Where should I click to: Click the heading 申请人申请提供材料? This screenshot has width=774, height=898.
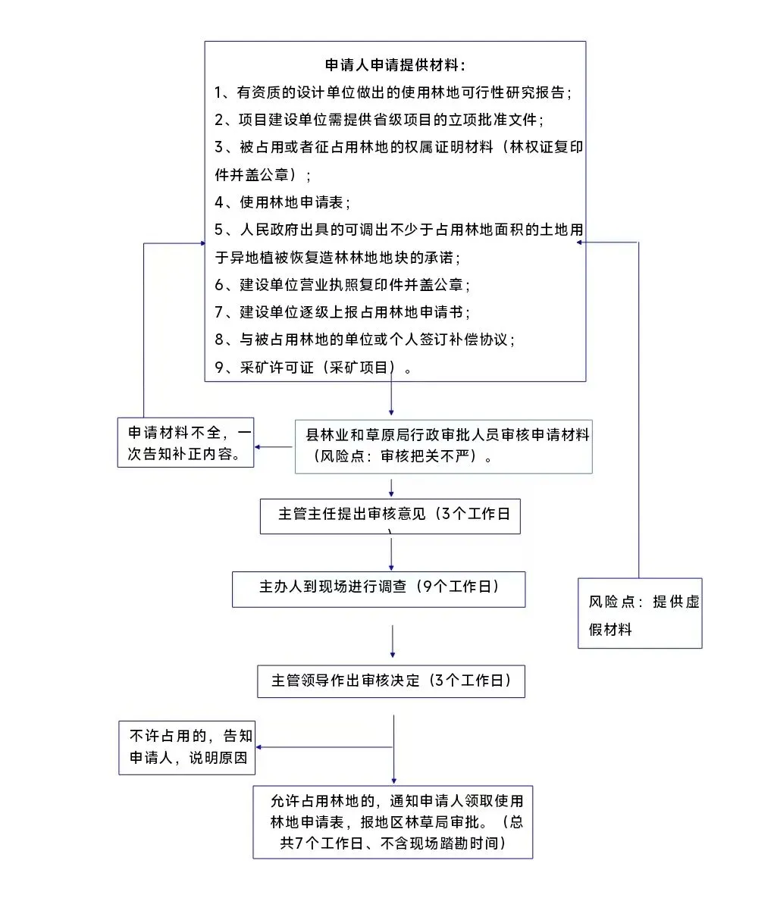coord(395,65)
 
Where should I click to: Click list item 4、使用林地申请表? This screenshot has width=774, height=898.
coord(284,202)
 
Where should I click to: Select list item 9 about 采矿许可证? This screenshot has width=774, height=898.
coord(314,368)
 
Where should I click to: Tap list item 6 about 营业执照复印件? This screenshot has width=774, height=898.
coord(343,285)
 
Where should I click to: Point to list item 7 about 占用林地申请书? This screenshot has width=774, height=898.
coord(343,312)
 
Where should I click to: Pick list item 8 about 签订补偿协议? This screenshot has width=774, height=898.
coord(365,339)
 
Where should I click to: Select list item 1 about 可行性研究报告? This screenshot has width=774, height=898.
coord(393,92)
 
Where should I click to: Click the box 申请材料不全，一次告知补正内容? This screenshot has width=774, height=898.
coord(186,443)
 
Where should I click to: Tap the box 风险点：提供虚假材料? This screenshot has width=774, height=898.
coord(640,614)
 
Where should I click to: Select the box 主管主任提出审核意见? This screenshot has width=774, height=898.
coord(390,515)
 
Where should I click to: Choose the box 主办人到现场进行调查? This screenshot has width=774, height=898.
coord(378,589)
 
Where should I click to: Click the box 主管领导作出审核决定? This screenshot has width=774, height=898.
coord(391,681)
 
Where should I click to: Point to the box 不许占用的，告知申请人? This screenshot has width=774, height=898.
coord(187,747)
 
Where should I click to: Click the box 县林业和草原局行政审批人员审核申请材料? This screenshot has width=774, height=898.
coord(443,446)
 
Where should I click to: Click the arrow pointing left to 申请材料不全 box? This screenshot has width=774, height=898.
coord(274,447)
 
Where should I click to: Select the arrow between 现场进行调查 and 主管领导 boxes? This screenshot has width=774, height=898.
coord(393,641)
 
